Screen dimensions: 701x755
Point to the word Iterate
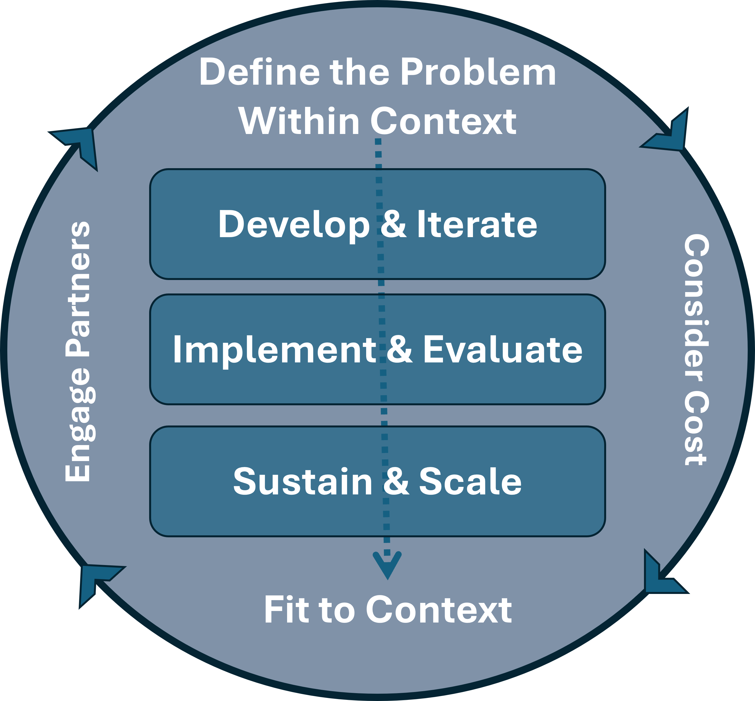coord(477,225)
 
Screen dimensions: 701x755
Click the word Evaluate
coord(503,350)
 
